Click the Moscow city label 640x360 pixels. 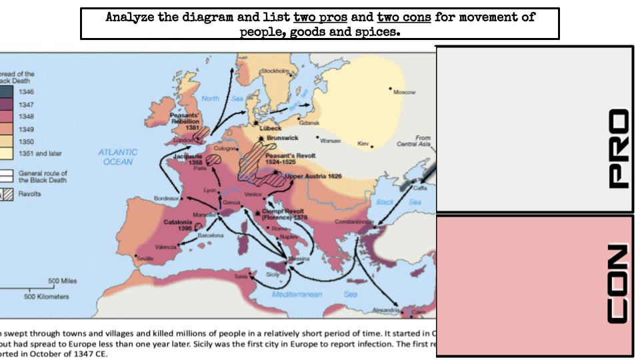[x=405, y=92]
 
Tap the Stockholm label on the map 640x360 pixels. [x=274, y=71]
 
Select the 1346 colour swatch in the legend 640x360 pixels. [x=7, y=92]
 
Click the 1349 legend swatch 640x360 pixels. [x=7, y=129]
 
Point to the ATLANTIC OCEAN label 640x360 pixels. [x=118, y=157]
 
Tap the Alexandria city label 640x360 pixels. [x=385, y=310]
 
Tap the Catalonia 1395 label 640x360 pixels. [x=179, y=225]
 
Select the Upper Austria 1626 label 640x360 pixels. [x=313, y=177]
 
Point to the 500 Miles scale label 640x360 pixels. [x=65, y=281]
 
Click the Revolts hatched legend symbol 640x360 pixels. [x=7, y=194]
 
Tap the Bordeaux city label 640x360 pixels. [x=166, y=199]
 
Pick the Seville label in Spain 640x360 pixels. [x=145, y=258]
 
